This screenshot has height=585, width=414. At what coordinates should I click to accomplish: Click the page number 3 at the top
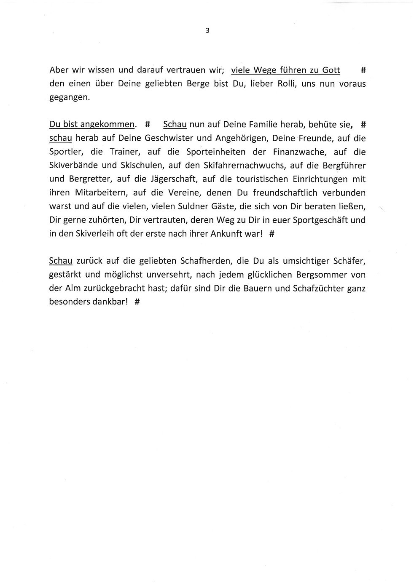coord(207,30)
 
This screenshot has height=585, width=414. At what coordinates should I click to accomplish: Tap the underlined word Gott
coord(331,70)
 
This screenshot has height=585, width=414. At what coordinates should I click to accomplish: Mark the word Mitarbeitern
coord(95,192)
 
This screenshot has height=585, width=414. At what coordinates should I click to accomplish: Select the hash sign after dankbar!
coord(137,302)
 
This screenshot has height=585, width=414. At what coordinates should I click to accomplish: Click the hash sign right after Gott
coord(363,70)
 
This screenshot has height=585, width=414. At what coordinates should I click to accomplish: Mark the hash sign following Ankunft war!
coord(272,234)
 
